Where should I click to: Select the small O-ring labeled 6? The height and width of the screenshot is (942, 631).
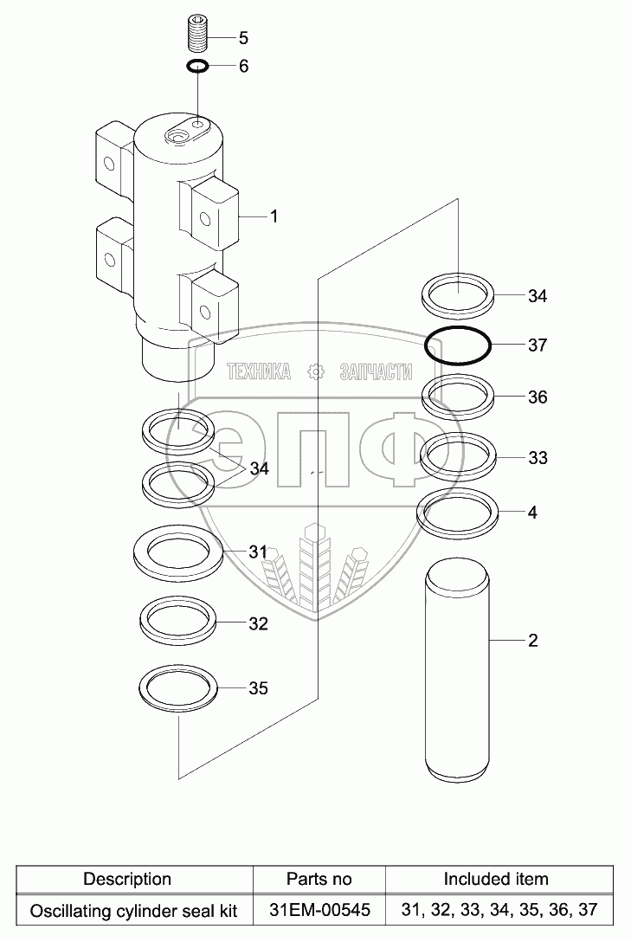click(x=197, y=66)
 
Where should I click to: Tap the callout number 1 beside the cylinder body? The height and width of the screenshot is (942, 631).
click(x=274, y=216)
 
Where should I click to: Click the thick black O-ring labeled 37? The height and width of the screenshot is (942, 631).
click(x=458, y=346)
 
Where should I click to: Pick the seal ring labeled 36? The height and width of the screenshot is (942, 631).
click(x=458, y=397)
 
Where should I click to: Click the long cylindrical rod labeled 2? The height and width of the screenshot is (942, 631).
click(x=458, y=671)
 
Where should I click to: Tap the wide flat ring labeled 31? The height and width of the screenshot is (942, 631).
click(x=179, y=551)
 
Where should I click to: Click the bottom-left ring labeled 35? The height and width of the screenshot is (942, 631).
click(x=179, y=688)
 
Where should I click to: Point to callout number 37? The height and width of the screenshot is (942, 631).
click(x=538, y=345)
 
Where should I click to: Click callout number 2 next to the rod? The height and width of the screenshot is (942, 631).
click(x=532, y=641)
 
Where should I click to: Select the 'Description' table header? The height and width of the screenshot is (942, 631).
click(x=126, y=879)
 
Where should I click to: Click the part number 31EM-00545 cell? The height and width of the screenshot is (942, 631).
click(x=319, y=911)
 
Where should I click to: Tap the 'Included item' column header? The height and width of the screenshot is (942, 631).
click(x=496, y=879)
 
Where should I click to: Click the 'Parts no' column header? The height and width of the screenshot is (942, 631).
click(x=319, y=879)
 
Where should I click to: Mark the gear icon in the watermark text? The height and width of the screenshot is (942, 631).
click(x=316, y=372)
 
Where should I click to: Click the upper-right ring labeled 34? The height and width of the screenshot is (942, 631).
click(x=458, y=295)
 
